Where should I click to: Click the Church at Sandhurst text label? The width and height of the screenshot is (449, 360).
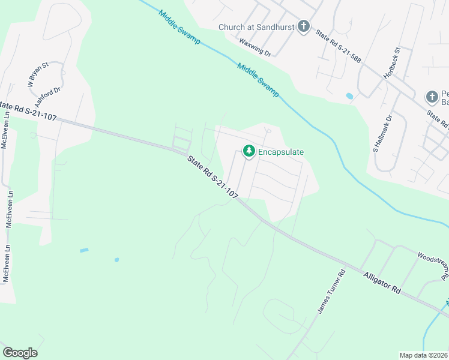258,27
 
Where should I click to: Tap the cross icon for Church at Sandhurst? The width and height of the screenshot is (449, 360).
304,26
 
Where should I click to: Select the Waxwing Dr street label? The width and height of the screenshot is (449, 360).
255,47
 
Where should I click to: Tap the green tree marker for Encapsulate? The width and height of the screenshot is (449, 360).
249,152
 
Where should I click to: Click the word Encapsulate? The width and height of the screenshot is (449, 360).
281,152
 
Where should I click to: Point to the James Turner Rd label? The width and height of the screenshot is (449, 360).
331,290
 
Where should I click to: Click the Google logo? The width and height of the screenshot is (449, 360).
20,353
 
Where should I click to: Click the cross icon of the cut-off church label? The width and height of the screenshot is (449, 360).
432,97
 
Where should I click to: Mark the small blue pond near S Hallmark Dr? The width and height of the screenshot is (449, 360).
349,95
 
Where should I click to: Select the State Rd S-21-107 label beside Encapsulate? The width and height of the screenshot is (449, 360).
212,178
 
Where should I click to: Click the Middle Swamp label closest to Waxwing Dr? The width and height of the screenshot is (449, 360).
258,80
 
